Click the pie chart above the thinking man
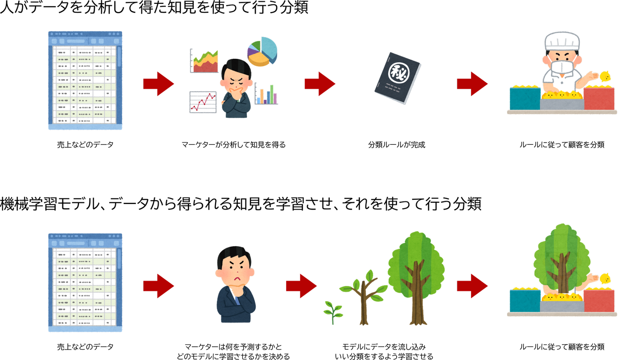[262, 51]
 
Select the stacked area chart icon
[204, 61]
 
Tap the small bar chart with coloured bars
[266, 94]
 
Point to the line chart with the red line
[203, 102]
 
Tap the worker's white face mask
[561, 67]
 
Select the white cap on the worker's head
[562, 41]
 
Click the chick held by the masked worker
[605, 76]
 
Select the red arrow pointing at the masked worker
[472, 84]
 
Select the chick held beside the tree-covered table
[605, 279]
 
